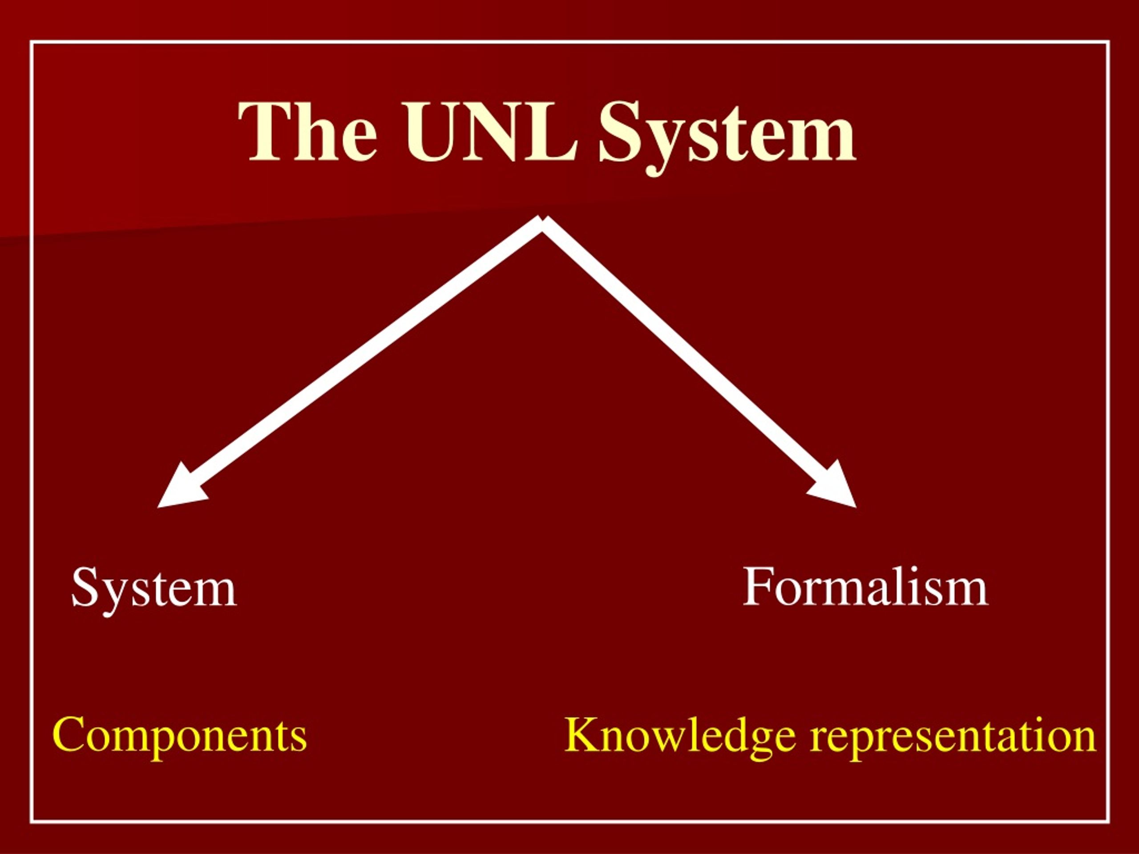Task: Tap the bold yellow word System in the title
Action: coord(727,138)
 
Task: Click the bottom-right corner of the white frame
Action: coord(1108,822)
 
